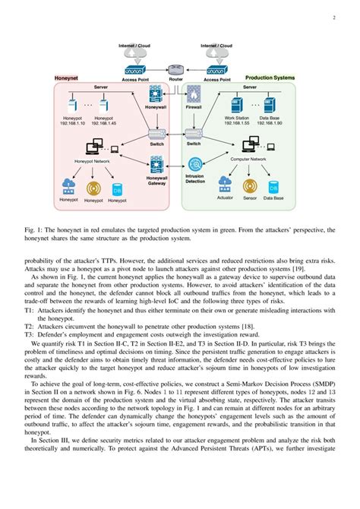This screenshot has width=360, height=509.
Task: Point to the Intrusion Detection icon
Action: point(196,165)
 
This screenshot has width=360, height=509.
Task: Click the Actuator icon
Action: point(225,183)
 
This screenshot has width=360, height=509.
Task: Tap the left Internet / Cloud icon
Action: point(139,55)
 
